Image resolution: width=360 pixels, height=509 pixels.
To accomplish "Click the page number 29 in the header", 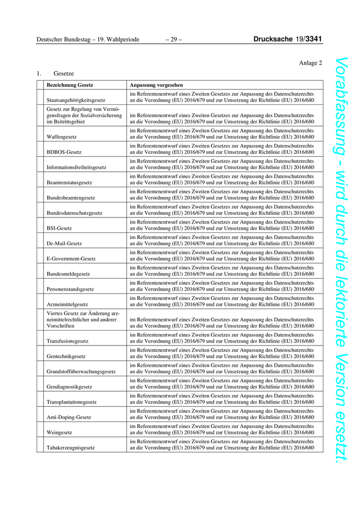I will [x=174, y=39].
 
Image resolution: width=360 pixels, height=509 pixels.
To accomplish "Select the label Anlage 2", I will [x=310, y=63].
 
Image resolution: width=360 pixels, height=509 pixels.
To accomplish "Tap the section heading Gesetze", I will [x=64, y=74].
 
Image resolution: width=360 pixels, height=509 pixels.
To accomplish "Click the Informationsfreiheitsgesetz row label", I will [x=77, y=168].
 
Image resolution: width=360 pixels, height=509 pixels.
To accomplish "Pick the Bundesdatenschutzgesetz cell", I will [x=75, y=213].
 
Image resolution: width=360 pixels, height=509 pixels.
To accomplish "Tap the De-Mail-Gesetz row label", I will [x=64, y=243].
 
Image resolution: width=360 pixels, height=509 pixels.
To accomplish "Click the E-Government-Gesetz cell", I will [x=71, y=259].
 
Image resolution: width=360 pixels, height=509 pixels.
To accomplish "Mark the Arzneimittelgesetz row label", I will [x=67, y=304].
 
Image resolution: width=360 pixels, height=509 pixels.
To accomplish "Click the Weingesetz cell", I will [x=59, y=432].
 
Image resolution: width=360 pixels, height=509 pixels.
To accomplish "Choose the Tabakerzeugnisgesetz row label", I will [x=71, y=448].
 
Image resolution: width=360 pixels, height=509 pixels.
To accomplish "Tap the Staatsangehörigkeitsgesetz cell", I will [x=76, y=100].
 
